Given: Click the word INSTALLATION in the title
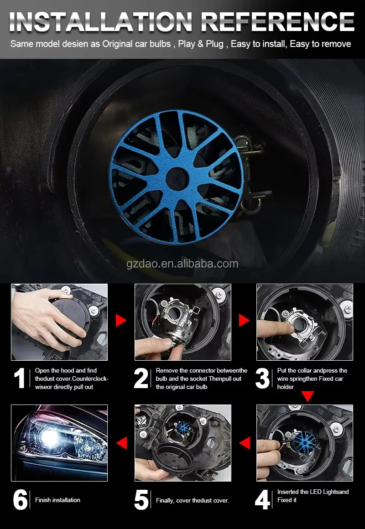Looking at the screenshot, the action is [x=101, y=22].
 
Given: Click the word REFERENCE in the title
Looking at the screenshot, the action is [x=278, y=22].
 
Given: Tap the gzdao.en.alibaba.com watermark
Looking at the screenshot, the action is [x=182, y=264].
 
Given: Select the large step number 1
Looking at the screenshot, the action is [x=20, y=379].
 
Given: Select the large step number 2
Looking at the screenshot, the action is [x=141, y=379].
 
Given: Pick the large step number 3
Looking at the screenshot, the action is [x=262, y=379].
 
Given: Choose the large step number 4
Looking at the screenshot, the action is [x=262, y=500].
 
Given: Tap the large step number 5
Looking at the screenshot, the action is [x=141, y=500].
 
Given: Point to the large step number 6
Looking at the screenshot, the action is [x=20, y=500].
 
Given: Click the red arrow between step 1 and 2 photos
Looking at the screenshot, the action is [x=120, y=321].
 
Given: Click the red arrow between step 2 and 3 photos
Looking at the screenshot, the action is [x=244, y=321].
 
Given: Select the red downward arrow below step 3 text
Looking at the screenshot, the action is [x=308, y=396].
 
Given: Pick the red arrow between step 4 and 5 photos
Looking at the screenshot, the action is [x=245, y=443].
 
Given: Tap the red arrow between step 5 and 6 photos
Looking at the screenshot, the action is [x=121, y=443].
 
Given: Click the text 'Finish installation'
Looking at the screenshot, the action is [x=58, y=500].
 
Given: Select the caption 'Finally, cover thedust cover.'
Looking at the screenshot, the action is [x=193, y=501].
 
